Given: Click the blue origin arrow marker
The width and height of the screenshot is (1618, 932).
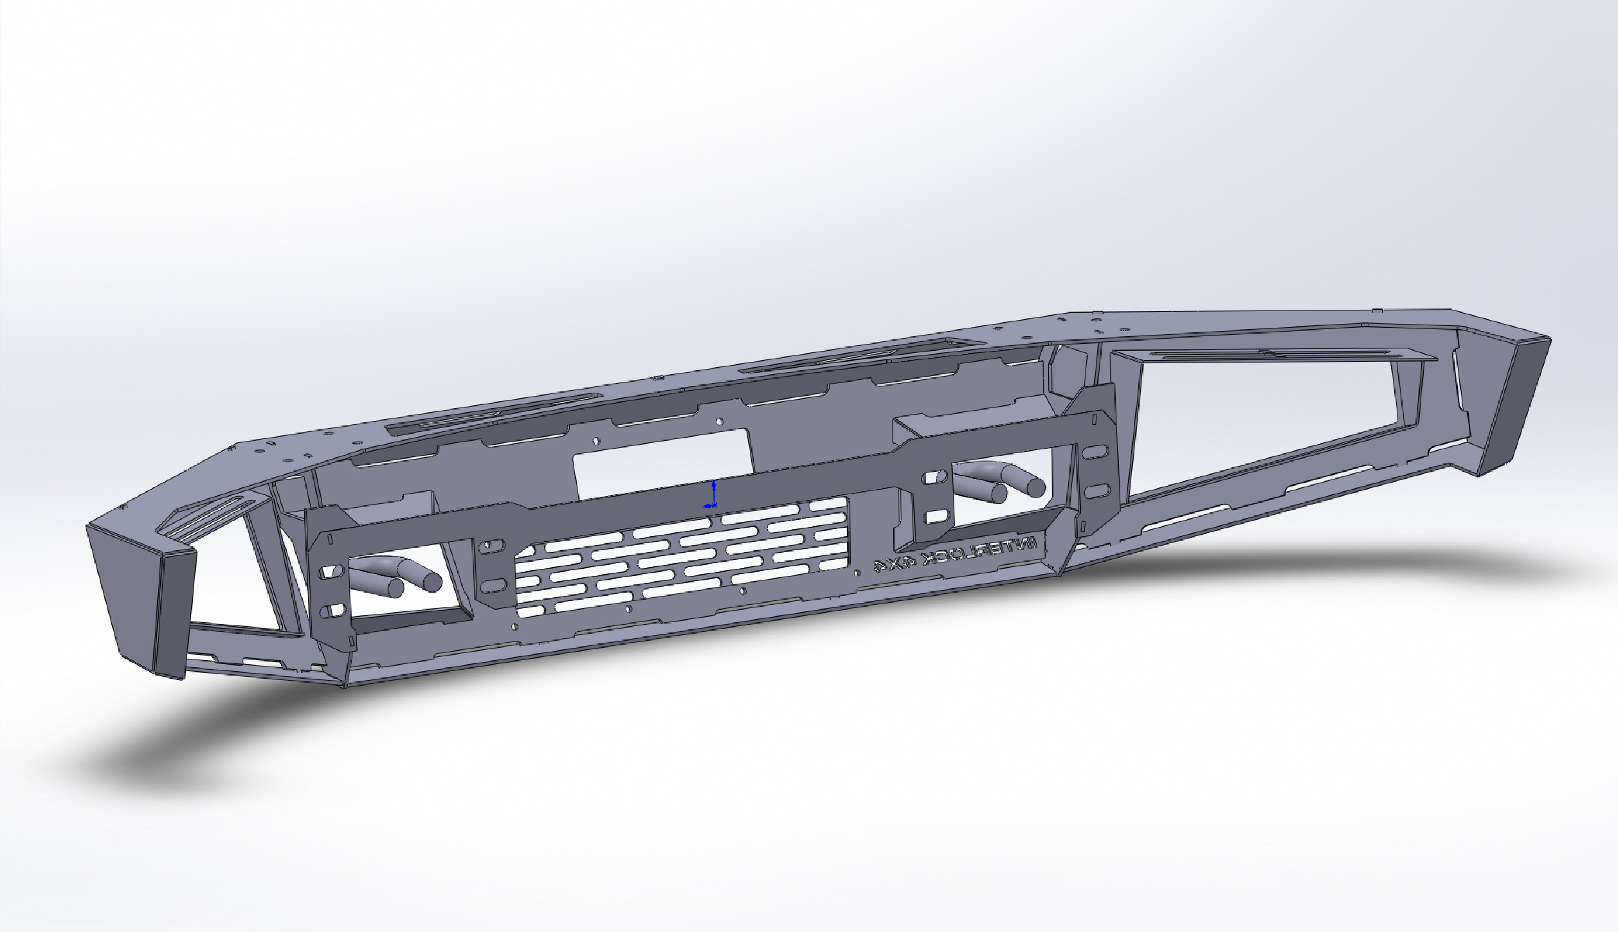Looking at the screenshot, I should pyautogui.click(x=713, y=494).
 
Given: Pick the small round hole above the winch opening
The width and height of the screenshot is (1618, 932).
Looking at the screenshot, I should pyautogui.click(x=720, y=422).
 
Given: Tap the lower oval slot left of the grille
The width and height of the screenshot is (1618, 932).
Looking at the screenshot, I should pyautogui.click(x=495, y=584).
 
